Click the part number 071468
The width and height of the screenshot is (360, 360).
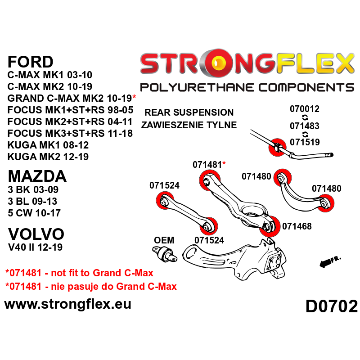[297, 226]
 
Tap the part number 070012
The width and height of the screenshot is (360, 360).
[304, 109]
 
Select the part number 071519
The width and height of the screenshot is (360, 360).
[304, 142]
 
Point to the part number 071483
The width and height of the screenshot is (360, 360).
[304, 126]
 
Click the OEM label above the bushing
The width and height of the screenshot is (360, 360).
[164, 240]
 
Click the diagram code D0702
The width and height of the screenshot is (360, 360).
[331, 306]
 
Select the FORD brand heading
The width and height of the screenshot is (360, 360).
[31, 61]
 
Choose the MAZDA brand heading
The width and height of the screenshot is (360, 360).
[37, 175]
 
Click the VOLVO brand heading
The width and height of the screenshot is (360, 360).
[36, 234]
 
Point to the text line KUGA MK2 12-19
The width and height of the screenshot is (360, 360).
[48, 157]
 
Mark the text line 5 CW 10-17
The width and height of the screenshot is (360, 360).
[34, 213]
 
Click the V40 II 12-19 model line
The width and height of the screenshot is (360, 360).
[35, 247]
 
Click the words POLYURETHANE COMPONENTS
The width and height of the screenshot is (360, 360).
[247, 87]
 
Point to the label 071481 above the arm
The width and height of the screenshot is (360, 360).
[207, 165]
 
